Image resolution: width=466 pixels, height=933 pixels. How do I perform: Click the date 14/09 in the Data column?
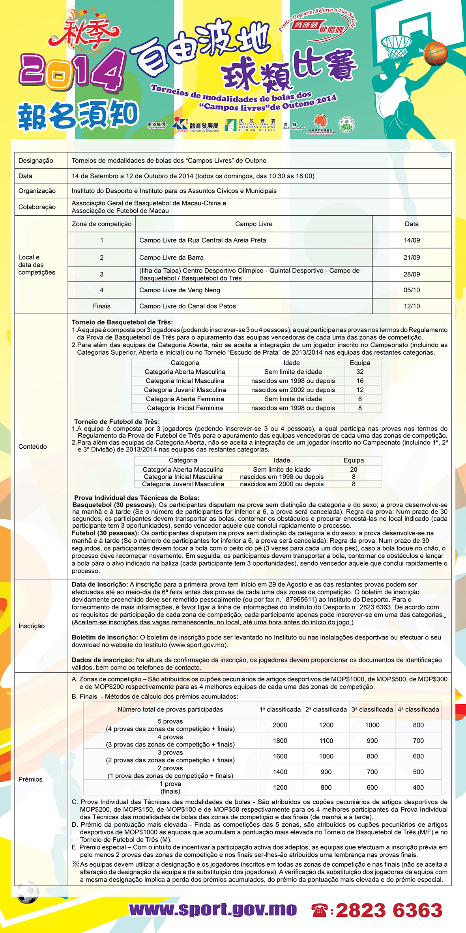(412, 240)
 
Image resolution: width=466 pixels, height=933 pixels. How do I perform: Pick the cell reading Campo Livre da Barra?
(171, 258)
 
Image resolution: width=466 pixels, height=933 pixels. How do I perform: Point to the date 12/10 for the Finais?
(412, 306)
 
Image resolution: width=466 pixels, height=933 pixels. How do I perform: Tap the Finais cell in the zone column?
(101, 306)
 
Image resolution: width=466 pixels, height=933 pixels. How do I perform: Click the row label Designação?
(36, 161)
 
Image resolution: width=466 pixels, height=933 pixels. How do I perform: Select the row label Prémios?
(30, 779)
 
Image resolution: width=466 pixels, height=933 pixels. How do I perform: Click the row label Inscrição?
(32, 626)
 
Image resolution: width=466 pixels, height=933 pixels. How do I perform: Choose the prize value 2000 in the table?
(280, 725)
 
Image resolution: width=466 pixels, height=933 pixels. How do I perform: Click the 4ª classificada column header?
(418, 709)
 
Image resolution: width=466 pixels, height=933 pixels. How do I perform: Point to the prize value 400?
(418, 787)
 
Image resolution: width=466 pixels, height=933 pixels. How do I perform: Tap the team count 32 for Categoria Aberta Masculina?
(360, 372)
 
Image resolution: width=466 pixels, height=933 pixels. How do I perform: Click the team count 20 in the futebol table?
(354, 470)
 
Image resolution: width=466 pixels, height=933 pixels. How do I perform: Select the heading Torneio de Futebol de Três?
(117, 421)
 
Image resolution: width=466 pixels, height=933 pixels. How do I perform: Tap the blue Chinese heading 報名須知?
(78, 115)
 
